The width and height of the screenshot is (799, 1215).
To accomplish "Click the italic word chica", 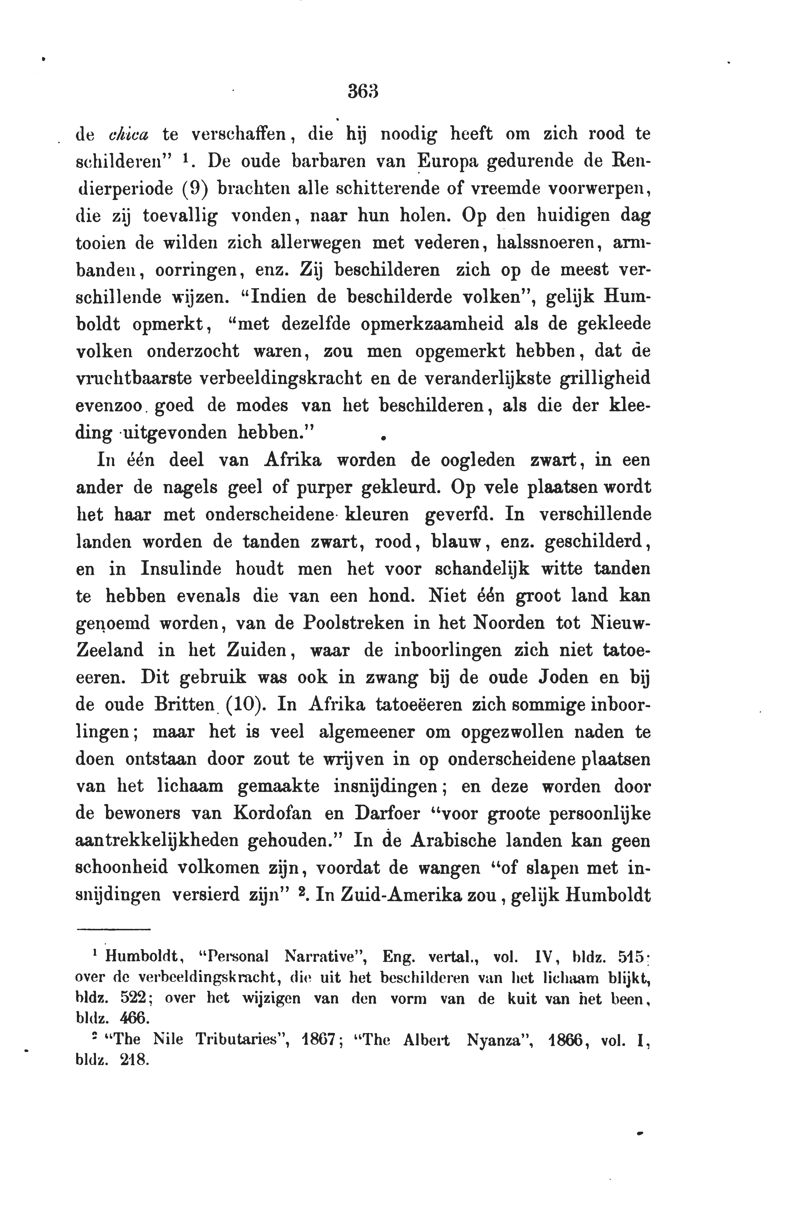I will pos(129,134).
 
